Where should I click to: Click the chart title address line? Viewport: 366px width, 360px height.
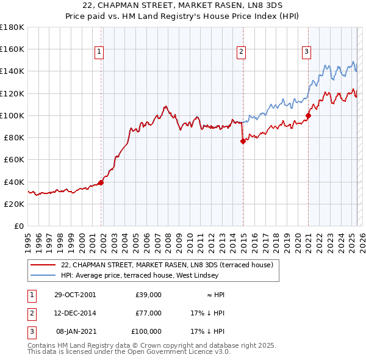[182, 6]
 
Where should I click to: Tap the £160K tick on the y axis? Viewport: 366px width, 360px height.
[12, 49]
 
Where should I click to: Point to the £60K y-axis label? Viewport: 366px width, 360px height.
[13, 159]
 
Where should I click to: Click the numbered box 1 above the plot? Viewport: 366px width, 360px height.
[99, 52]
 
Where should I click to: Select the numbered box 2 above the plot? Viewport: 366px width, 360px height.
[242, 52]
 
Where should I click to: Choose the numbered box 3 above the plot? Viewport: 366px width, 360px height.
[306, 52]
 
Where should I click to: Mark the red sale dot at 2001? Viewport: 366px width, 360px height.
[101, 182]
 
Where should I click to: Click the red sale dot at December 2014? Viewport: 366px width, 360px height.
[243, 141]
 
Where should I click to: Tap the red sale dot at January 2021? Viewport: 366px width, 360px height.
[309, 115]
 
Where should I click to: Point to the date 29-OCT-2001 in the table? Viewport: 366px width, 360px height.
[75, 295]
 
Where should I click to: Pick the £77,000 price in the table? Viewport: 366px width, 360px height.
[149, 313]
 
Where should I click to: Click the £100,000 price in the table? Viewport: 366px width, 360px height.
[147, 331]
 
